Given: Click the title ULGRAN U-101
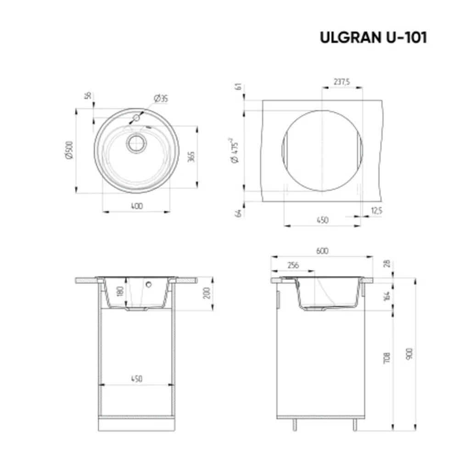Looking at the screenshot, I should pyautogui.click(x=373, y=38).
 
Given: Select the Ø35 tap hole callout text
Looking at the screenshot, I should pyautogui.click(x=161, y=98).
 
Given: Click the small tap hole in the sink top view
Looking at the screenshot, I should pyautogui.click(x=136, y=118).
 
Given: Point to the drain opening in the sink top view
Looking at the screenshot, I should pyautogui.click(x=136, y=143).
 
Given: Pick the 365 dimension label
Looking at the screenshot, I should pyautogui.click(x=192, y=157).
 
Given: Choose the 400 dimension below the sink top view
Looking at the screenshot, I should pyautogui.click(x=136, y=206).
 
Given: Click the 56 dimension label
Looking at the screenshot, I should pyautogui.click(x=88, y=95).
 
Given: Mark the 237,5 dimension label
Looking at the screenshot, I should pyautogui.click(x=341, y=82).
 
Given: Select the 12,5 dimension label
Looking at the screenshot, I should pyautogui.click(x=376, y=210).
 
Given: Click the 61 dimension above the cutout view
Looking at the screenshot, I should pyautogui.click(x=238, y=87).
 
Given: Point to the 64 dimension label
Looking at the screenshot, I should pyautogui.click(x=238, y=213).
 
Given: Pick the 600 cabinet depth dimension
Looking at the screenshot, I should pyautogui.click(x=322, y=251).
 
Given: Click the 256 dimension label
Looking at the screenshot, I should pyautogui.click(x=293, y=265).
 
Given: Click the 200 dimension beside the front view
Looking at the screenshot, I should pyautogui.click(x=206, y=293).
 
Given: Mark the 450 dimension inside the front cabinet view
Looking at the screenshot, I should pyautogui.click(x=136, y=379).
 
